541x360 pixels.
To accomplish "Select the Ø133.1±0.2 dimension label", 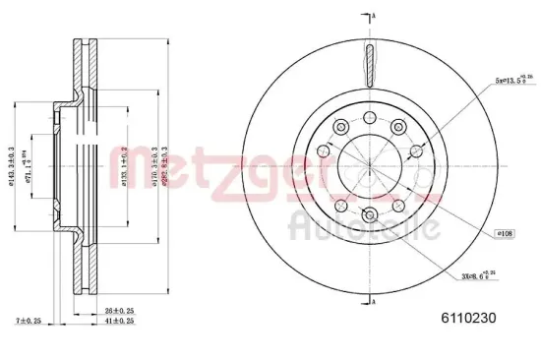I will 124,164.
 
